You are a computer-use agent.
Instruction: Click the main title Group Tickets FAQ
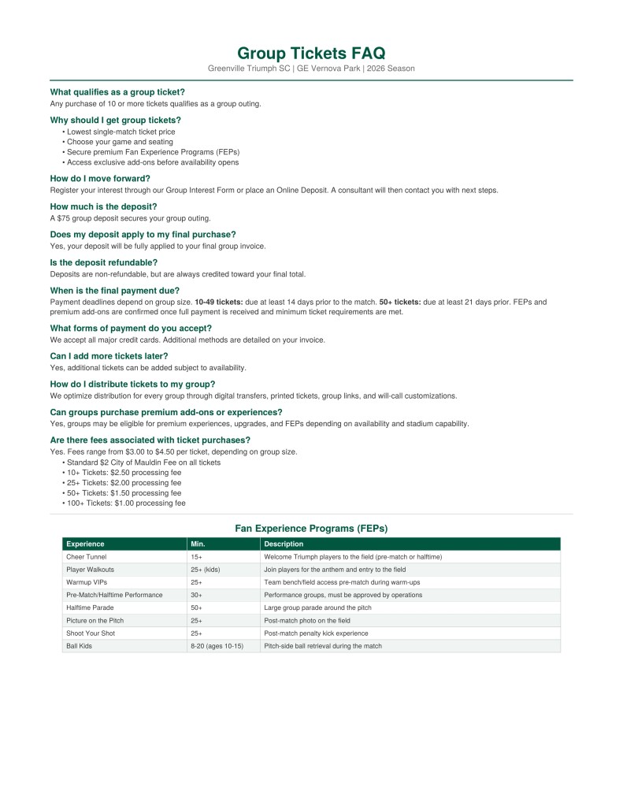(311, 54)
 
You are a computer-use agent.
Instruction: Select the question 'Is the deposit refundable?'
(103, 262)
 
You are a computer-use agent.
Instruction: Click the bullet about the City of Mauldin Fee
(143, 462)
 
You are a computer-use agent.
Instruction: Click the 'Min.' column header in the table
(197, 544)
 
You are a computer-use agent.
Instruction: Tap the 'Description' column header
(284, 544)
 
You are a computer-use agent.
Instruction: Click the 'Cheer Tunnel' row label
(86, 556)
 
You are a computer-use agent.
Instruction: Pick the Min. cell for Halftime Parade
(196, 607)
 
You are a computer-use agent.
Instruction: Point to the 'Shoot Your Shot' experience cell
(90, 633)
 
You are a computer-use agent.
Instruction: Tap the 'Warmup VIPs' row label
(87, 581)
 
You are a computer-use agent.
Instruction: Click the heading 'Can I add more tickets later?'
(109, 356)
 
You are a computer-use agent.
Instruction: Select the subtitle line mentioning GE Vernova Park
(311, 69)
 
